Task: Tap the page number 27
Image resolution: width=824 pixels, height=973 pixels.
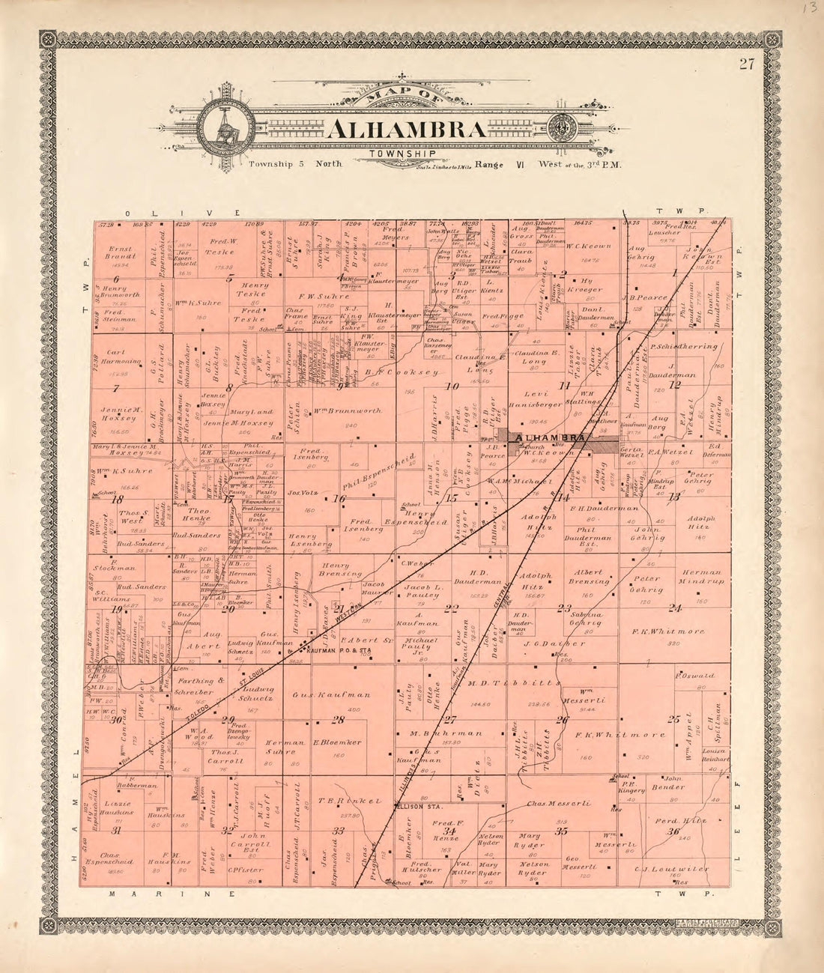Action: [x=746, y=64]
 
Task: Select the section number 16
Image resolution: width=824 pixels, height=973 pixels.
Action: [x=339, y=499]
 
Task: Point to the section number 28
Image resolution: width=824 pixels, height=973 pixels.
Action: [x=339, y=720]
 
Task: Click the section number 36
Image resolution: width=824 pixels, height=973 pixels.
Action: [x=673, y=831]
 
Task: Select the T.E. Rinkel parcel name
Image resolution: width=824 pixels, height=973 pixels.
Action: [x=340, y=801]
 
